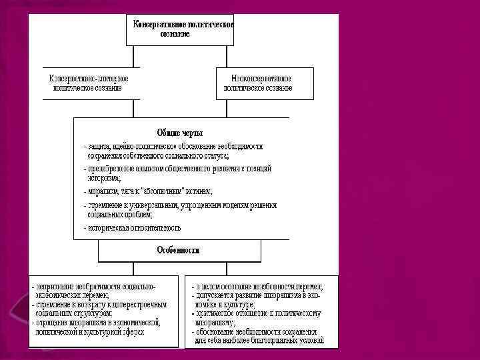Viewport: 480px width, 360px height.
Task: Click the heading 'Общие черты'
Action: coord(180,133)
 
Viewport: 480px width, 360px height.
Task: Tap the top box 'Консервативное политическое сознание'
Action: coord(180,29)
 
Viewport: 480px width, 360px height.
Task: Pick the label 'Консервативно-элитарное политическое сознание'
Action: coord(89,83)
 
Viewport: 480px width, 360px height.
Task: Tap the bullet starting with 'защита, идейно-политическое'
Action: coord(173,146)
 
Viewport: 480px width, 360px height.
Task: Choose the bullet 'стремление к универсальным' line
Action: coord(180,205)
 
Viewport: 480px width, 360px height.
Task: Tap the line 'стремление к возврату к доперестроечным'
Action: coord(100,304)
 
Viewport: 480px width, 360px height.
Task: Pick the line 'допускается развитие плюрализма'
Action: coord(257,295)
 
